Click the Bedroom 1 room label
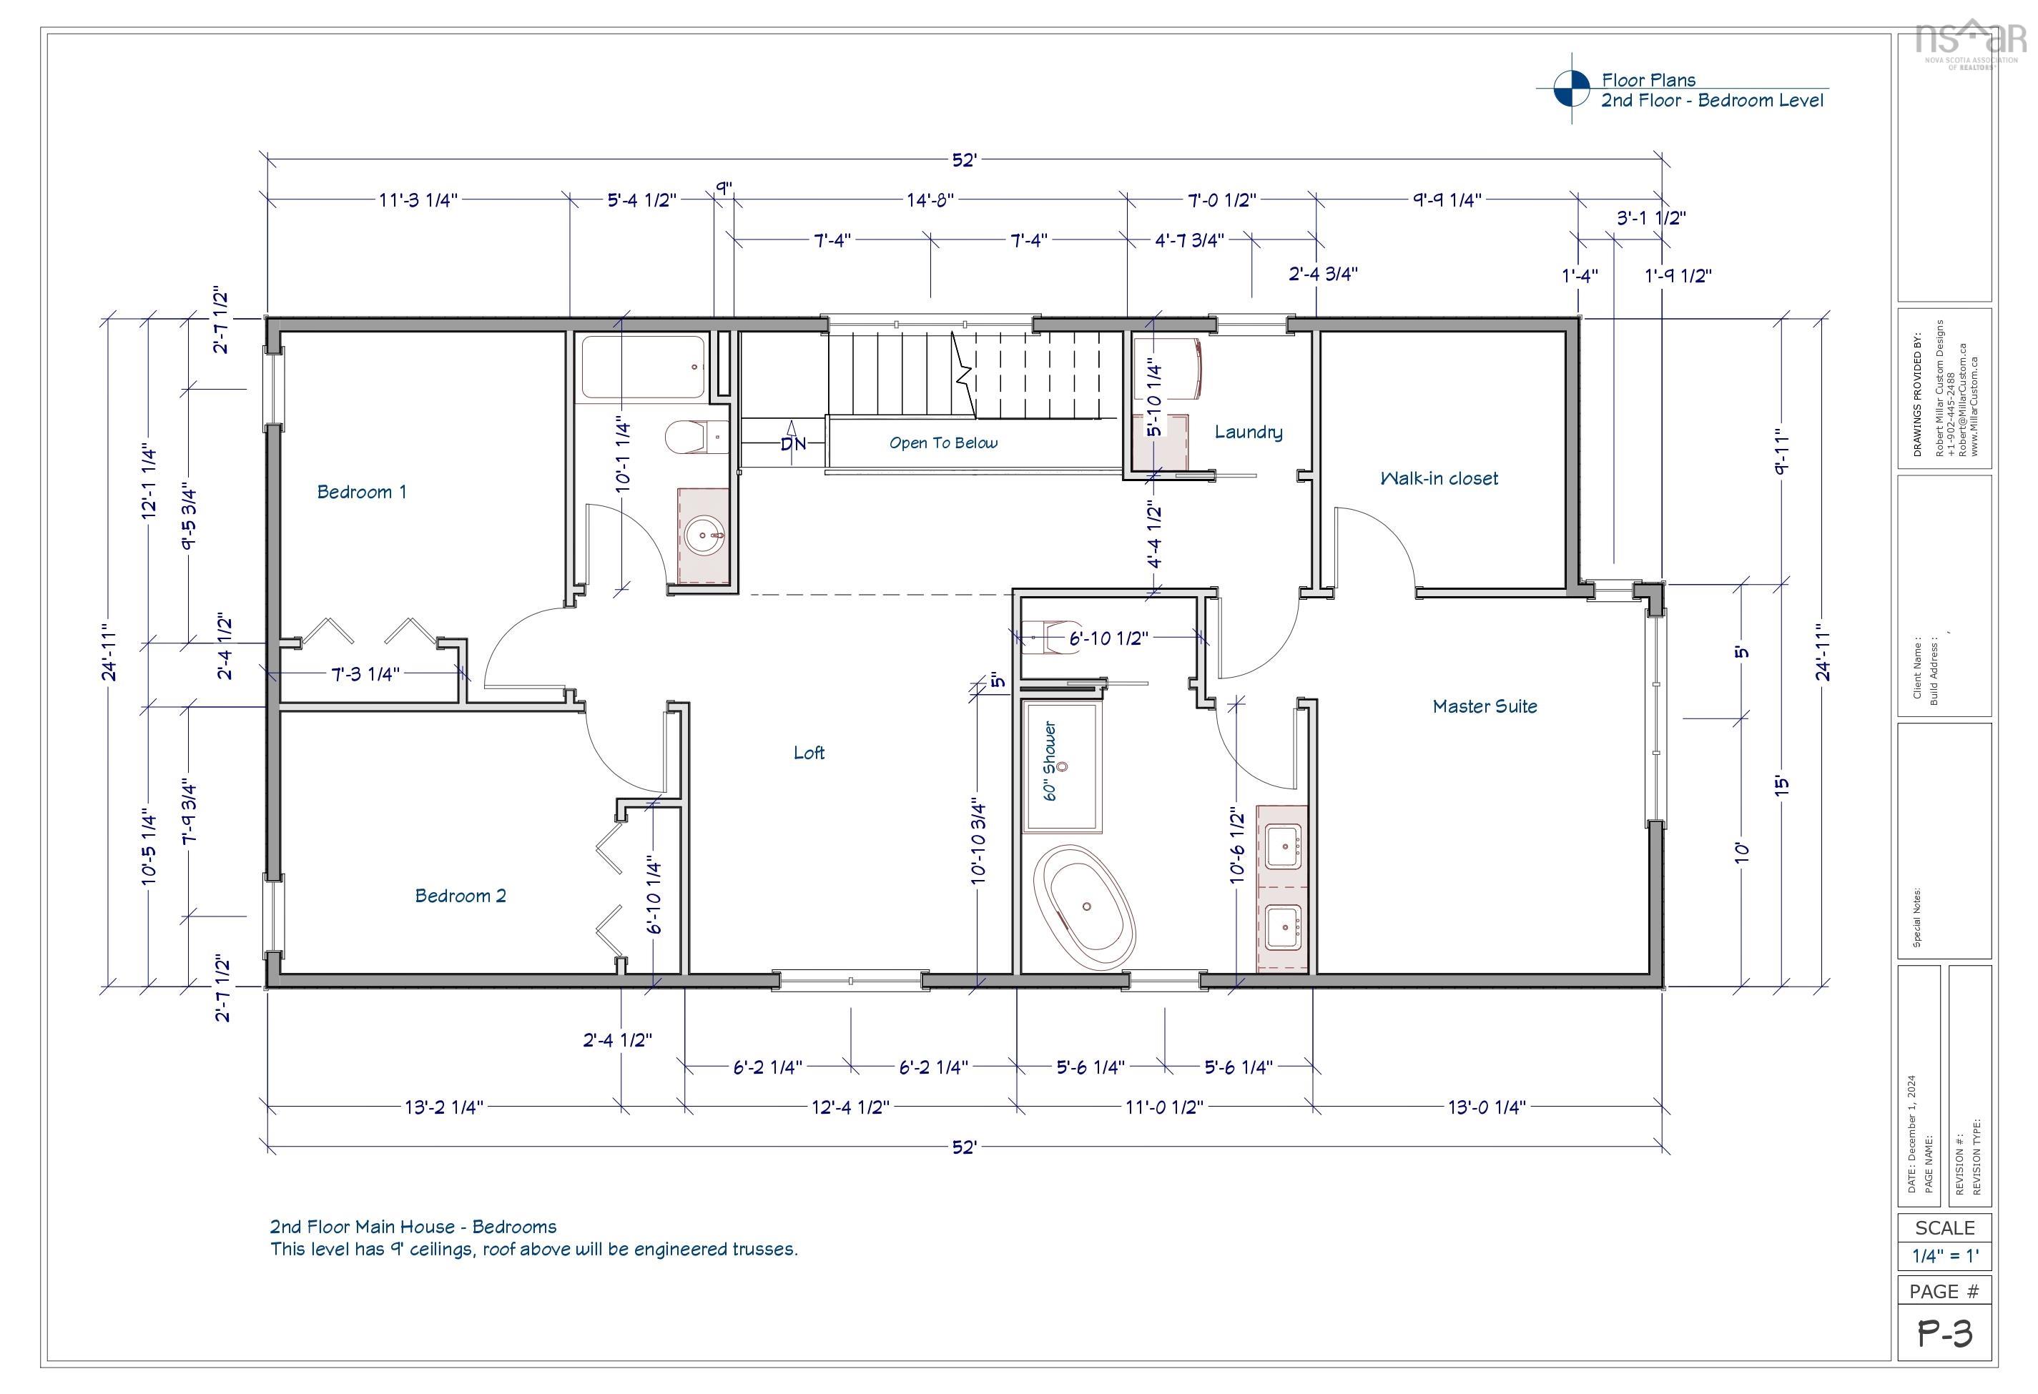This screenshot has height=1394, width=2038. pyautogui.click(x=361, y=492)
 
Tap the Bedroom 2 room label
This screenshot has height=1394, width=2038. pyautogui.click(x=460, y=895)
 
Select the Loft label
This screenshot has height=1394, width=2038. pyautogui.click(x=809, y=752)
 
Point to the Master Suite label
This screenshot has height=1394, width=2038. pyautogui.click(x=1484, y=706)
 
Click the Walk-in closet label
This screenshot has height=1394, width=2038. pyautogui.click(x=1438, y=478)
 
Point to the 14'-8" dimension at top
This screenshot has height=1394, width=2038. pyautogui.click(x=930, y=200)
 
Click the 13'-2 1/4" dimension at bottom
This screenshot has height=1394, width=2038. pyautogui.click(x=443, y=1107)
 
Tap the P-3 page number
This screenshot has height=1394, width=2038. pyautogui.click(x=1944, y=1333)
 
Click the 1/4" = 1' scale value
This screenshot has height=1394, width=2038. pyautogui.click(x=1944, y=1255)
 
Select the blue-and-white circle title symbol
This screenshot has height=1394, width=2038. pyautogui.click(x=1570, y=89)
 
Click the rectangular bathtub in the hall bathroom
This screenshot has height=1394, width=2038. pyautogui.click(x=643, y=367)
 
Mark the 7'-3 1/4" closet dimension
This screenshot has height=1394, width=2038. pyautogui.click(x=365, y=673)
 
